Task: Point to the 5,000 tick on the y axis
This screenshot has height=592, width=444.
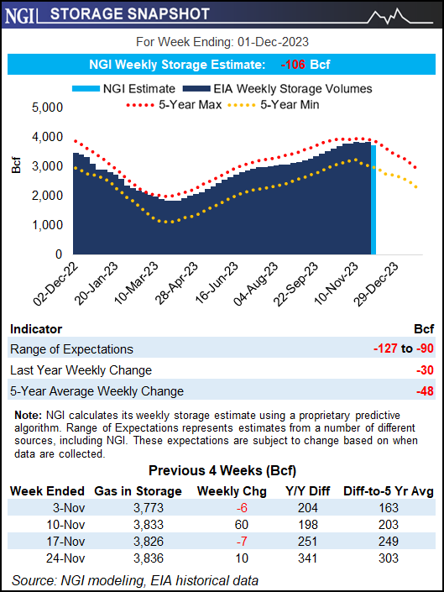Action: point(47,107)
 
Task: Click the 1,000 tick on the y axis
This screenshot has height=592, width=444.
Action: point(47,225)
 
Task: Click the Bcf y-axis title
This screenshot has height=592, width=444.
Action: point(16,165)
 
